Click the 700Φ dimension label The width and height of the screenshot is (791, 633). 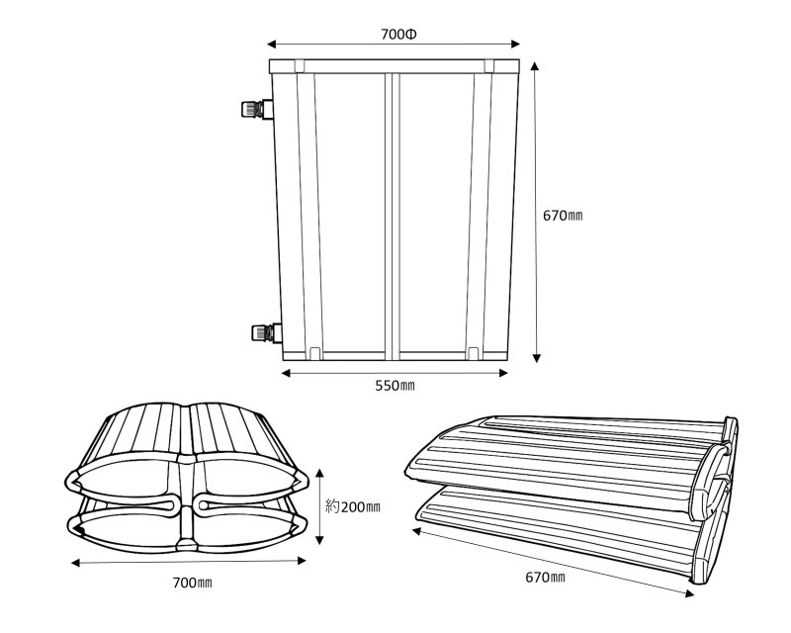398,35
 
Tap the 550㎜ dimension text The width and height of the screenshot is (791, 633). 395,386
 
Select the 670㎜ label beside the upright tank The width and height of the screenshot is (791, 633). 563,216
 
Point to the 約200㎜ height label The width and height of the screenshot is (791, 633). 353,506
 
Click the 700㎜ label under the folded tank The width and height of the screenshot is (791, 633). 192,583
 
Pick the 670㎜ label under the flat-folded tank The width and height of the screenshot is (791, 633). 545,577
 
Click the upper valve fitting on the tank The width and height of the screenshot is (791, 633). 256,110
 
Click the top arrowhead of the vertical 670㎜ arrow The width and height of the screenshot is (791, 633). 535,66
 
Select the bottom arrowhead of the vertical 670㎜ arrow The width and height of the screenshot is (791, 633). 537,358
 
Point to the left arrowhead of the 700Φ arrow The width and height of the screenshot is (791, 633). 272,44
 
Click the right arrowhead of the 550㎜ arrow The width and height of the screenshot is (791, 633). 503,373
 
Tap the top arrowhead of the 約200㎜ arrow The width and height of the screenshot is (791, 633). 318,474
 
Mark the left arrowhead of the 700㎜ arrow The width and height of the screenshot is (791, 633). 76,563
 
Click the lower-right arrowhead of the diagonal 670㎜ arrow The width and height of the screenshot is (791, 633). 689,593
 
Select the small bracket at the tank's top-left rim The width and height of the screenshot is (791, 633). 300,66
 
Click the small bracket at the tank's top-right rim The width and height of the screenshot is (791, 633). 488,66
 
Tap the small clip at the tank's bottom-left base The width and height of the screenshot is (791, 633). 314,353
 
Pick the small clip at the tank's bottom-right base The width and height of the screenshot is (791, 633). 473,353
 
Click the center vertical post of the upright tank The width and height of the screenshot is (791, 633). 392,217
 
